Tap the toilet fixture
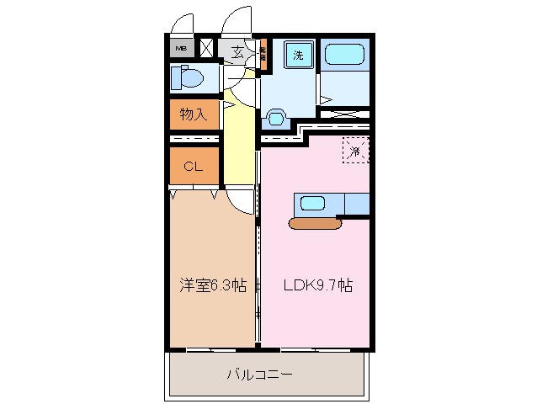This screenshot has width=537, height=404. (187, 78)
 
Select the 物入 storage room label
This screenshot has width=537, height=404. (194, 114)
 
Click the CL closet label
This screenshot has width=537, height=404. (193, 166)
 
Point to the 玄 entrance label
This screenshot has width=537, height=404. (238, 51)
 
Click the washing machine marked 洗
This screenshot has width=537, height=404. (298, 56)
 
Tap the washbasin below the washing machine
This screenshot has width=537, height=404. (275, 115)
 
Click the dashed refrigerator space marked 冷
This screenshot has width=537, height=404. (356, 151)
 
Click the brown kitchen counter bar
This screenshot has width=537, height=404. (314, 223)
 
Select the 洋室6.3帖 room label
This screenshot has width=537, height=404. (212, 285)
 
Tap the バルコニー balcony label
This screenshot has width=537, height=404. (259, 375)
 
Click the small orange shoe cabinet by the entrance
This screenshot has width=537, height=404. (263, 54)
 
